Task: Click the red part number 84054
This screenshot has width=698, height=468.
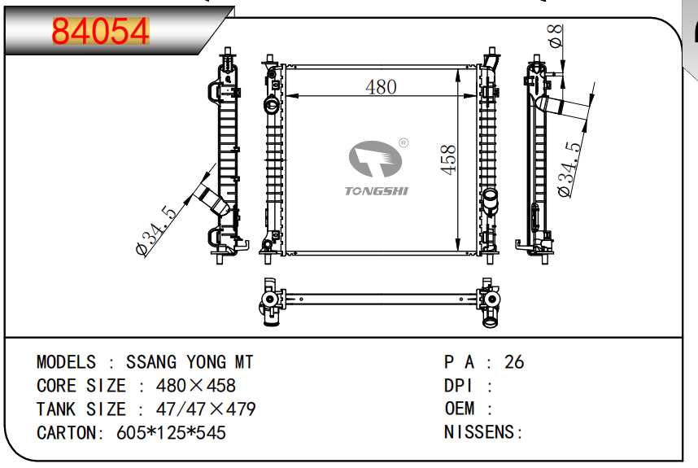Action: click(101, 32)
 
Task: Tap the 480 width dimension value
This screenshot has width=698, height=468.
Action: click(381, 86)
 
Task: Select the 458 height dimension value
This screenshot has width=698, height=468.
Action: click(447, 159)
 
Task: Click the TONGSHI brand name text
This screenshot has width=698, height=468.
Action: click(377, 191)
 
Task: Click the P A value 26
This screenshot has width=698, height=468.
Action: click(514, 362)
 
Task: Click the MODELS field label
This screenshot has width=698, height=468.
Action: click(66, 362)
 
